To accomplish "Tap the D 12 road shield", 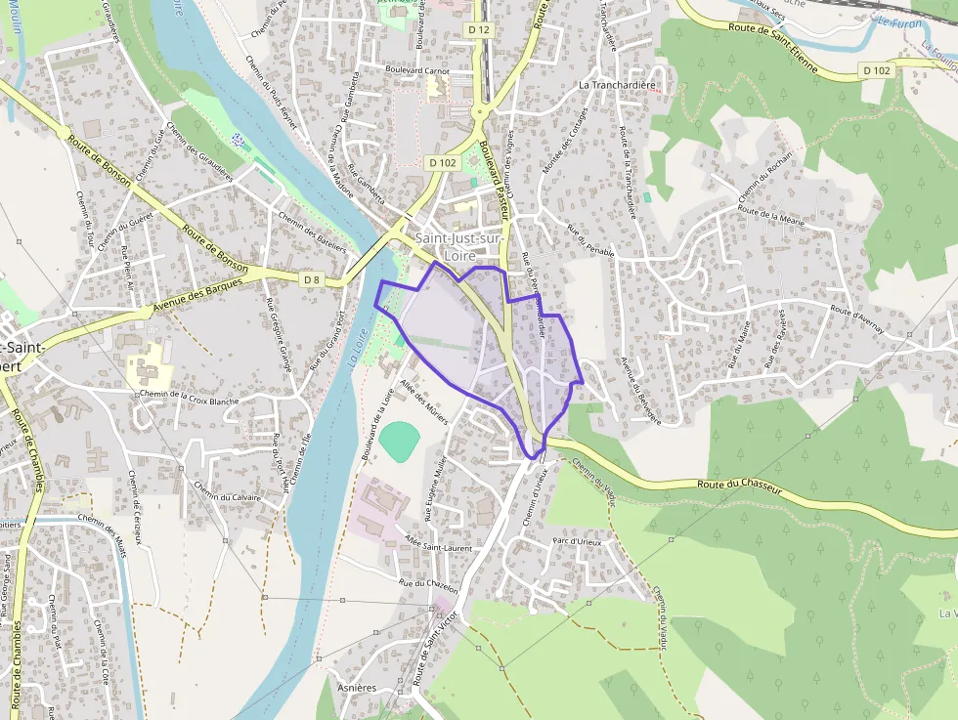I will pyautogui.click(x=477, y=30).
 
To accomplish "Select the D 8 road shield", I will pyautogui.click(x=311, y=280).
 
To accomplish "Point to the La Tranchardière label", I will pyautogui.click(x=617, y=85).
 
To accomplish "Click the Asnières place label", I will pyautogui.click(x=356, y=688).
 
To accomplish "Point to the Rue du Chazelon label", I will pyautogui.click(x=428, y=583).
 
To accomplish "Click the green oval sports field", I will pyautogui.click(x=399, y=441).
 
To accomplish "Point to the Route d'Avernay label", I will pyautogui.click(x=856, y=321).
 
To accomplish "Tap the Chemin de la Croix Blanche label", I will pyautogui.click(x=190, y=396).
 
